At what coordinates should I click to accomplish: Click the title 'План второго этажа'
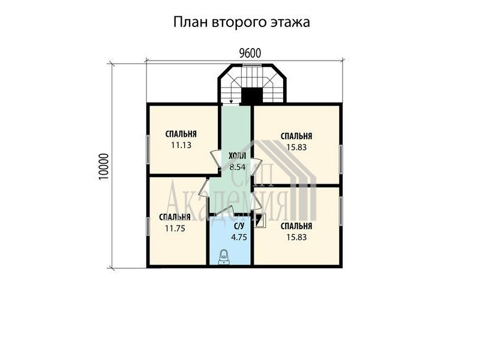242,22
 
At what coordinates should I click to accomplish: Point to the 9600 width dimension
250,53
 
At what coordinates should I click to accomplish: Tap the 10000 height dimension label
104,167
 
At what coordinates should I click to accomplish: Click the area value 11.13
181,145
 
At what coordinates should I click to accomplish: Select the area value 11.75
175,229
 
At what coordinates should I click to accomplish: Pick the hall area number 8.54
237,167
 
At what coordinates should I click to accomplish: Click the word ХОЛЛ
237,156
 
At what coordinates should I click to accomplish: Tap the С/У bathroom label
239,226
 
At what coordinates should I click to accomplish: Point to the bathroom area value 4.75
239,237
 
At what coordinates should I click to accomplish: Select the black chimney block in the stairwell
252,95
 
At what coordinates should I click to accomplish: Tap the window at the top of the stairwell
252,65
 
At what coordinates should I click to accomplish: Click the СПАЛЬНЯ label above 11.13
181,134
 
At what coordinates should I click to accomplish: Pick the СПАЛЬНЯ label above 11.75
175,217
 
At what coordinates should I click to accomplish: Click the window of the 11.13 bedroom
148,149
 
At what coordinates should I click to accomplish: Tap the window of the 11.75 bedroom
148,227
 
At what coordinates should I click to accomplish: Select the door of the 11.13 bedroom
216,159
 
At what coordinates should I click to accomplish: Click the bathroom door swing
225,211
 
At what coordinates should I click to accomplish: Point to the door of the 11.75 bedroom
204,188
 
